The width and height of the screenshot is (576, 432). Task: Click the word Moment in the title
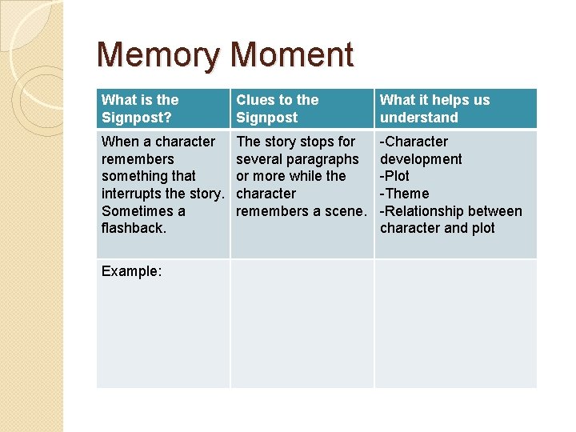point(291,55)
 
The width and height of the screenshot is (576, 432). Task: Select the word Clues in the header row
point(254,100)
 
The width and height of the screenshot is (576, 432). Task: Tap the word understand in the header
point(418,118)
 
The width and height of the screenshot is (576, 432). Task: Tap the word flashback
point(134,228)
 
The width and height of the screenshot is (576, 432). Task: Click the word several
point(258,159)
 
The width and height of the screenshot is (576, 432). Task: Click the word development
point(421,159)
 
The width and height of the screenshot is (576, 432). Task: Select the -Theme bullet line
point(404,194)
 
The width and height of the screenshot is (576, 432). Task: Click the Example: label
point(131,271)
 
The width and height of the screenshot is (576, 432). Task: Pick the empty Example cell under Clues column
point(302,324)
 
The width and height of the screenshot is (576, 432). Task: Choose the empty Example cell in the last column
point(455,324)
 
